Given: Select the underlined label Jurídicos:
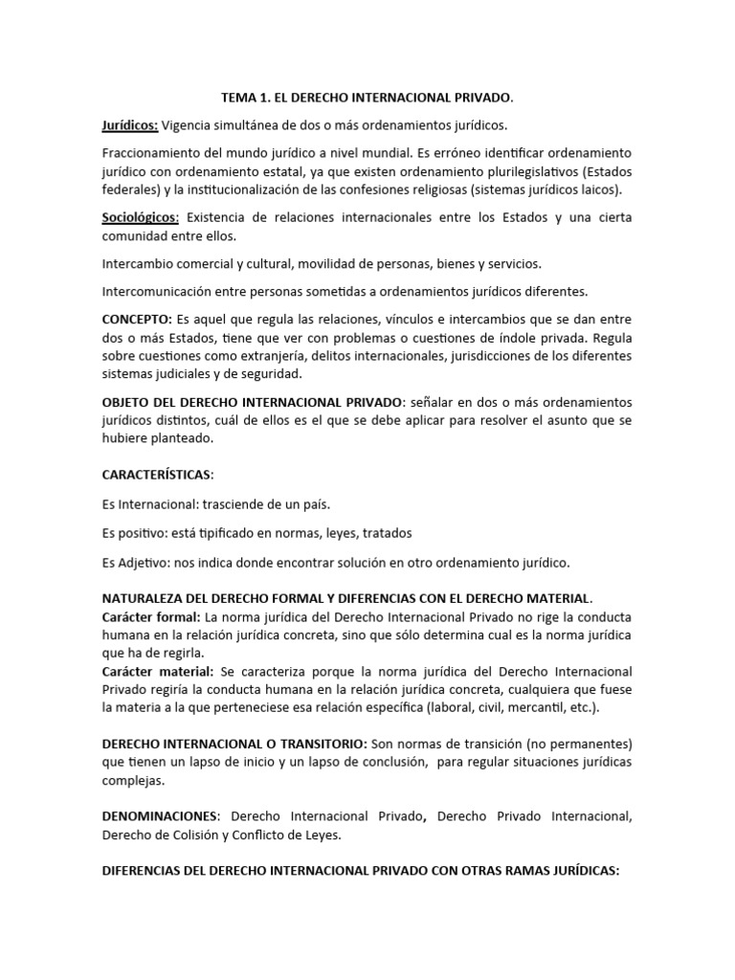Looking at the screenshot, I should [130, 125].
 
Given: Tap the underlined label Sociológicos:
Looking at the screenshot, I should [141, 217].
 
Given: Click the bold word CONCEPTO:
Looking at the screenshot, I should [137, 318].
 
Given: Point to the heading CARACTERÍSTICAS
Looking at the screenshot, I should [157, 475].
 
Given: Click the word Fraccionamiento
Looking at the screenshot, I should [152, 153].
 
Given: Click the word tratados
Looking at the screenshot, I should [382, 532].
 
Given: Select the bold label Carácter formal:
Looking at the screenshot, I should [149, 616].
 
